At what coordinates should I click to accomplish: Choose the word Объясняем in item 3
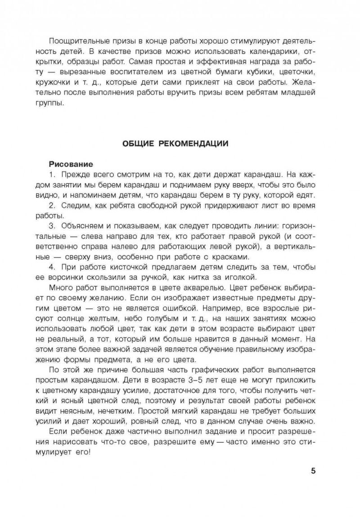click(x=80, y=226)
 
